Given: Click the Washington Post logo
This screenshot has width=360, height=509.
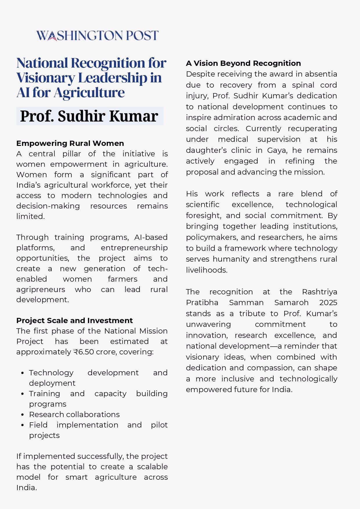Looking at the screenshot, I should click(x=97, y=35).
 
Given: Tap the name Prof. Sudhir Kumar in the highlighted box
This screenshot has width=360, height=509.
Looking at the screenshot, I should click(x=89, y=116).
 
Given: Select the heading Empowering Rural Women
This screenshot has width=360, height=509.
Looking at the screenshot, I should click(x=70, y=143).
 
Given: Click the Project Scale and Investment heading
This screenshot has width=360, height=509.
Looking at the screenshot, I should click(x=74, y=320).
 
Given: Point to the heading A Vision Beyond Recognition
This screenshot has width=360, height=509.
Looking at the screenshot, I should click(x=243, y=63).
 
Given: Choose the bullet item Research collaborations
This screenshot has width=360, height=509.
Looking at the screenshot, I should click(x=74, y=414).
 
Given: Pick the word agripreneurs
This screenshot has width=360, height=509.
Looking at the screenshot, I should click(x=41, y=289).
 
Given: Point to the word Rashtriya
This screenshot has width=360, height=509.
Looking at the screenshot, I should click(x=319, y=292).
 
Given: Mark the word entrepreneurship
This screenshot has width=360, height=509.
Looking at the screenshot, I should click(x=134, y=248).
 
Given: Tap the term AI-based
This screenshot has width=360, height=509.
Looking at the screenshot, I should click(x=151, y=237).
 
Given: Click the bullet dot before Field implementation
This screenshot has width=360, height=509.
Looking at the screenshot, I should click(x=22, y=425).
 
